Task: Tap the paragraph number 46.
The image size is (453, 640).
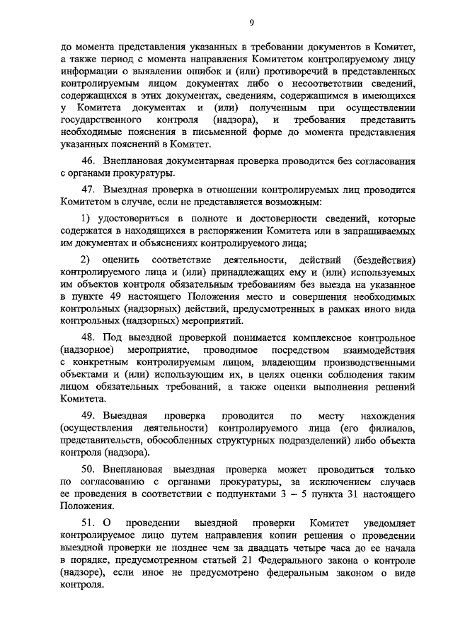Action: tap(88, 162)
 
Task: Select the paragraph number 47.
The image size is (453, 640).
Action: tap(88, 190)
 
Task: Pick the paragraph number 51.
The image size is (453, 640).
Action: tap(88, 523)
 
